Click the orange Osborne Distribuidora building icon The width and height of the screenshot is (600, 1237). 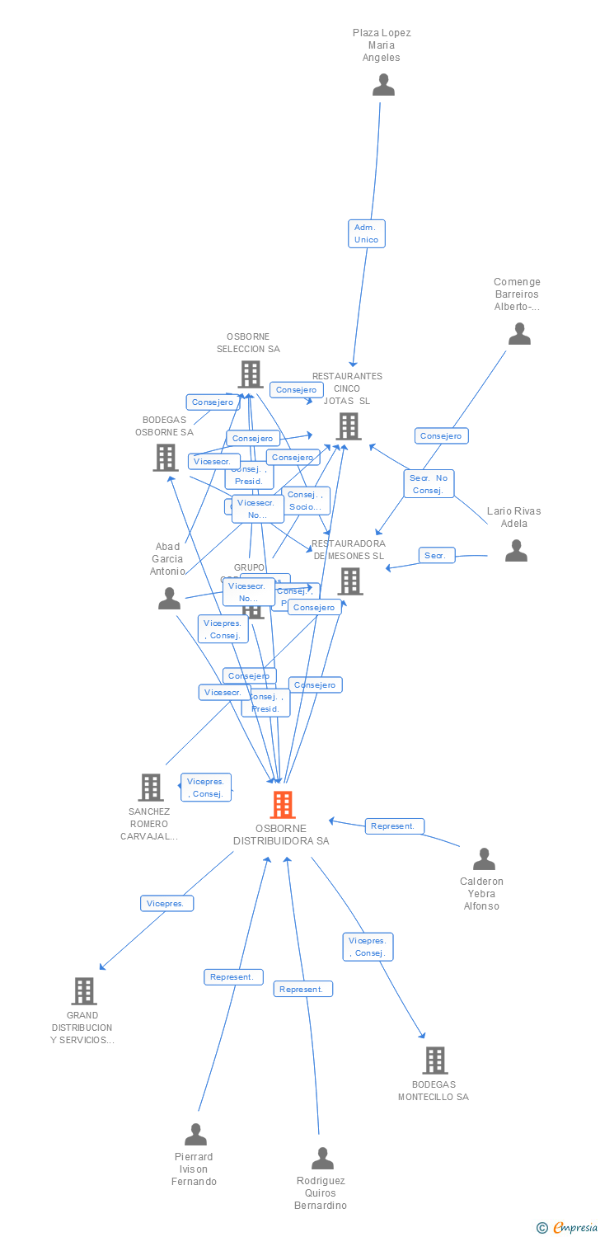coord(283,804)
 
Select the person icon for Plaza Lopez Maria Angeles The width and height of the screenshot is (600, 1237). coord(383,85)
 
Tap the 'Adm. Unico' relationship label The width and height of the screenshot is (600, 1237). coord(366,233)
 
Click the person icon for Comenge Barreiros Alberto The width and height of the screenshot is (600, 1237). coord(519,334)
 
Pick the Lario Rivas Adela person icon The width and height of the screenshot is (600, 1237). coord(516,550)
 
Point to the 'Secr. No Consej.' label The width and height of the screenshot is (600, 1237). coord(429,484)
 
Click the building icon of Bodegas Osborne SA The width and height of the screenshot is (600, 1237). coord(166,458)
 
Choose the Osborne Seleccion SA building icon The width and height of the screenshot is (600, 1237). coord(251,374)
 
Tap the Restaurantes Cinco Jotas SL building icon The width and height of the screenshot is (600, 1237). coord(349,426)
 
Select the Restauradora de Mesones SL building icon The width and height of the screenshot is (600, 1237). coord(350,581)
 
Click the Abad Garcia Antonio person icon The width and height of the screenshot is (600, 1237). coord(169,599)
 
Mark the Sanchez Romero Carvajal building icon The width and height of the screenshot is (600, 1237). coord(151,788)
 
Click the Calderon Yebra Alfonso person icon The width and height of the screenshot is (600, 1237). coord(484,859)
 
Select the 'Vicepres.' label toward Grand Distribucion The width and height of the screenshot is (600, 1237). coord(166,903)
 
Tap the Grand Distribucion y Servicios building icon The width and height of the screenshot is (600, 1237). coord(84,990)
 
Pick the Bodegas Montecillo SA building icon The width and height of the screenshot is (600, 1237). coord(434,1061)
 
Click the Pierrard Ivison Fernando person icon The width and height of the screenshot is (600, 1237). coord(195,1135)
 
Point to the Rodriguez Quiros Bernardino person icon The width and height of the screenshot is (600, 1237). coord(322,1159)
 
